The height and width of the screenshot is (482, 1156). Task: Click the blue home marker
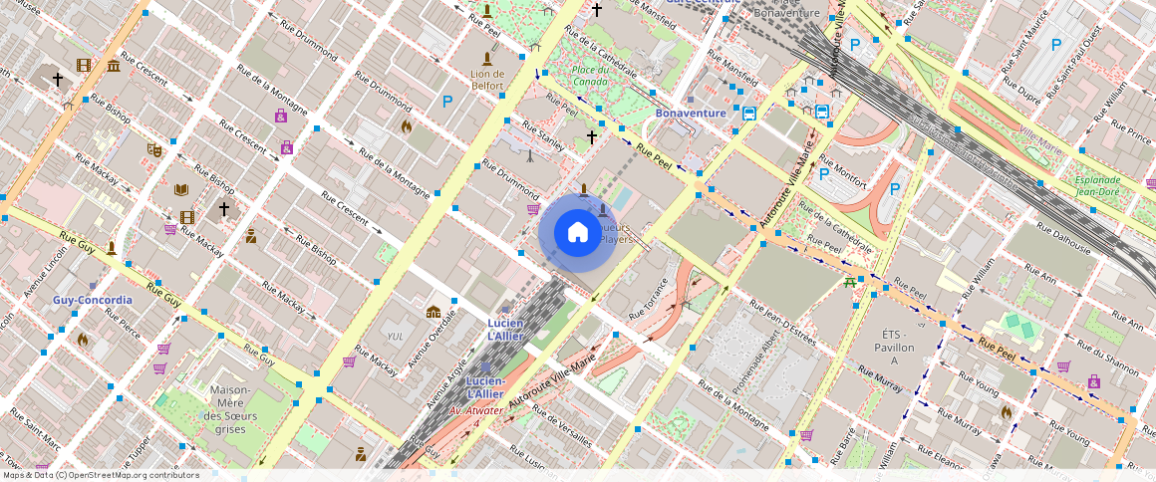point(577,233)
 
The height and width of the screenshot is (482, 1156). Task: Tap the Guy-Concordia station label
point(93,300)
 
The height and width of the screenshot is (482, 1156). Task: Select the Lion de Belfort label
point(487,80)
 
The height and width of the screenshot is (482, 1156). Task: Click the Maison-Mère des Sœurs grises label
point(230,408)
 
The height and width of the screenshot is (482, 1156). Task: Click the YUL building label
point(395,337)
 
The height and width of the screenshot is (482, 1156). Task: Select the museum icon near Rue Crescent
point(114,66)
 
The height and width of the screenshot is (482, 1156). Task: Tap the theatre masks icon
point(153,149)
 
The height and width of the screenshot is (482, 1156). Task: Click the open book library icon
point(181,189)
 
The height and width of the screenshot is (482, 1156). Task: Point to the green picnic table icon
point(849,283)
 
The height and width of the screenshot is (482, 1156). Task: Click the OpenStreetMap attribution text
point(100,475)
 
